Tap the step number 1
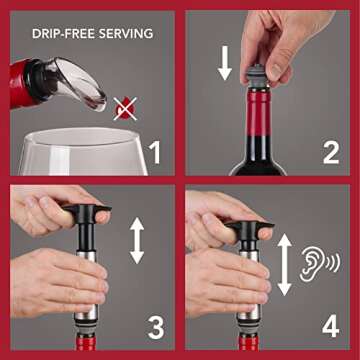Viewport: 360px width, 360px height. pos(153,152)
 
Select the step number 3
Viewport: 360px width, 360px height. pos(153,327)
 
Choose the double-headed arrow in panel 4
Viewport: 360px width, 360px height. pos(284,264)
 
